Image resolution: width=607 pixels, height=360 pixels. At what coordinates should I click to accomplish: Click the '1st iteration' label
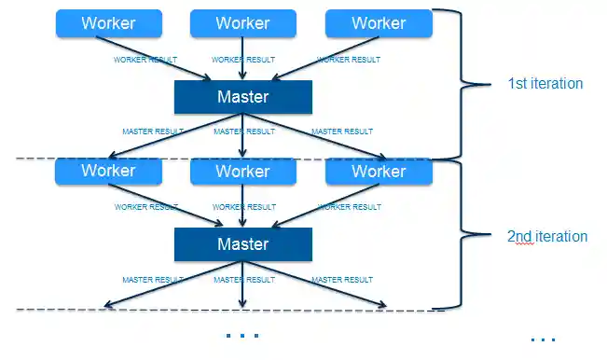click(x=545, y=84)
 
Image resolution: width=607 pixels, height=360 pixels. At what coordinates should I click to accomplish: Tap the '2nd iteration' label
click(x=546, y=236)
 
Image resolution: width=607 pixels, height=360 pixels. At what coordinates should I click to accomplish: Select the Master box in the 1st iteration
click(x=242, y=97)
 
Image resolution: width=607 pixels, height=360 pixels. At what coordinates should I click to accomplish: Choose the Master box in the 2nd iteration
click(x=242, y=244)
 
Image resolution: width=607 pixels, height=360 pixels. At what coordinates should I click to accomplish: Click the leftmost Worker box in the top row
click(x=108, y=23)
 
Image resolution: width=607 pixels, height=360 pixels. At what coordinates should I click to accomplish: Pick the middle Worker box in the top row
click(x=242, y=23)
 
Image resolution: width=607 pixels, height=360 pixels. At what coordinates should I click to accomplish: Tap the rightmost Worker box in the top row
click(x=379, y=23)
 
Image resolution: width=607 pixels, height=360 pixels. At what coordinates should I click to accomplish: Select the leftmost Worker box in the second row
click(x=108, y=172)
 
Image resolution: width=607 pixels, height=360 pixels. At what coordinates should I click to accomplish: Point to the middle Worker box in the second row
click(x=242, y=172)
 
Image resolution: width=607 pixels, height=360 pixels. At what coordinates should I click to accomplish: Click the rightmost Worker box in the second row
click(x=379, y=172)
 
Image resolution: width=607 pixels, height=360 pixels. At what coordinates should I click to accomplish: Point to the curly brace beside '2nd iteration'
click(x=466, y=235)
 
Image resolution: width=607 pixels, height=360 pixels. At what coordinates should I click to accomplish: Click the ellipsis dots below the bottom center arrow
click(x=242, y=335)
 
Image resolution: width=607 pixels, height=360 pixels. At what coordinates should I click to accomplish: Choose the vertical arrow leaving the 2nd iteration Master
click(x=242, y=284)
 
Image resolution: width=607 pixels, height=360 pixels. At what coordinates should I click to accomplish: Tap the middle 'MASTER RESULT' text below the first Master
click(x=244, y=132)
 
